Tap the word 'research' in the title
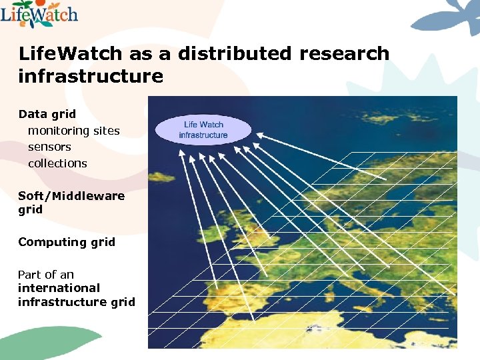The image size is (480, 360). pyautogui.click(x=344, y=54)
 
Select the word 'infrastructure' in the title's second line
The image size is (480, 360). pyautogui.click(x=91, y=76)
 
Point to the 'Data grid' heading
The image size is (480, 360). pyautogui.click(x=47, y=114)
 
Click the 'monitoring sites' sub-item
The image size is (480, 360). pyautogui.click(x=73, y=131)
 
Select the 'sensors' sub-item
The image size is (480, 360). pyautogui.click(x=49, y=147)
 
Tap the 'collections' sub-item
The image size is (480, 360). pyautogui.click(x=57, y=163)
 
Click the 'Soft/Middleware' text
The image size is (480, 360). pyautogui.click(x=71, y=196)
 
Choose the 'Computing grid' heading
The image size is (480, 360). pyautogui.click(x=67, y=242)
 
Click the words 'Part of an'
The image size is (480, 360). pyautogui.click(x=46, y=275)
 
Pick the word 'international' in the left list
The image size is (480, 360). pyautogui.click(x=59, y=288)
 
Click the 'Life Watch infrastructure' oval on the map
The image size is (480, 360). pyautogui.click(x=203, y=129)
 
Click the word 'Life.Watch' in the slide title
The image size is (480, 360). pyautogui.click(x=67, y=54)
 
